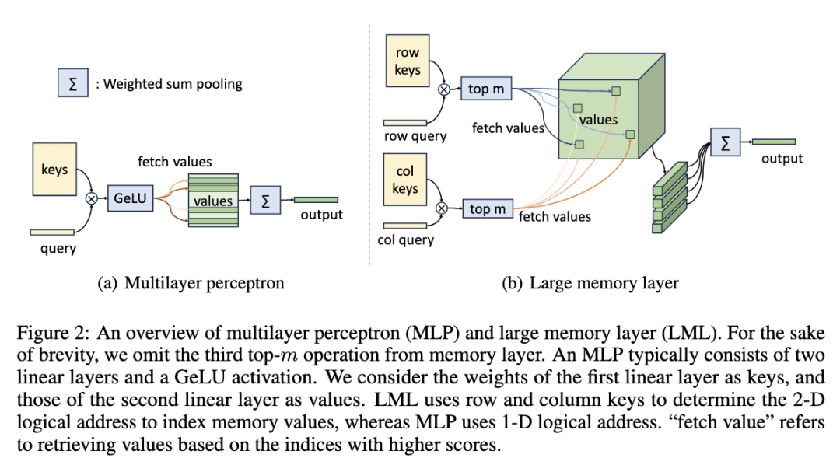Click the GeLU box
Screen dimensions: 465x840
pos(129,198)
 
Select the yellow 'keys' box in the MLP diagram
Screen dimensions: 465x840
pos(54,169)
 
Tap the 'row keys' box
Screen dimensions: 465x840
pos(407,61)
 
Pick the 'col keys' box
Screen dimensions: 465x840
pos(405,180)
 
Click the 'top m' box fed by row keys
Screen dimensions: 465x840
pos(485,89)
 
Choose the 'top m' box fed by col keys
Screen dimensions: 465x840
pos(488,208)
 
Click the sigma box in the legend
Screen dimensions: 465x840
pos(72,82)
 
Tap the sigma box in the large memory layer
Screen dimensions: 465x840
pos(725,142)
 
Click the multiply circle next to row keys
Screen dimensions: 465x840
pos(445,89)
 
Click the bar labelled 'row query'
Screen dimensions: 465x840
pos(405,122)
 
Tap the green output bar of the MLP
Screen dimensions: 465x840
pos(316,200)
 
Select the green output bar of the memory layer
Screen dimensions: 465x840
pos(773,142)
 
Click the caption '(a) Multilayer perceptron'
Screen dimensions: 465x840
pos(191,283)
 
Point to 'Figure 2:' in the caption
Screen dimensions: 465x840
pos(48,334)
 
